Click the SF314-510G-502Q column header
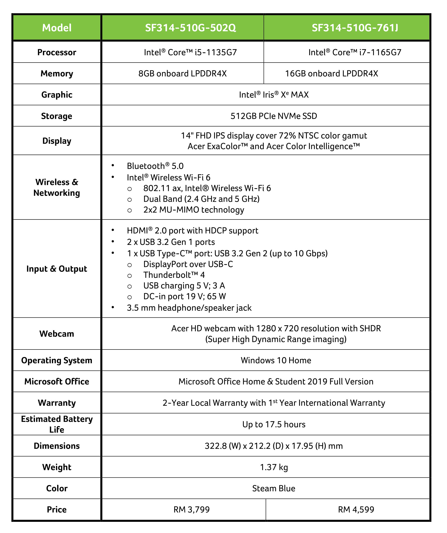click(191, 28)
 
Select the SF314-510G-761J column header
click(355, 28)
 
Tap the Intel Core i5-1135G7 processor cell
click(191, 52)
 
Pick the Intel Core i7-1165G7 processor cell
click(355, 52)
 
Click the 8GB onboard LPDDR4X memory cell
click(182, 74)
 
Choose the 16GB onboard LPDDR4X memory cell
click(331, 74)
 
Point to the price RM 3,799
click(191, 509)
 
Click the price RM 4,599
click(356, 509)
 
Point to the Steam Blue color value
click(274, 488)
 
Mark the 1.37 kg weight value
click(274, 467)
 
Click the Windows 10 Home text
click(276, 360)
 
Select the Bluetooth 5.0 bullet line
click(155, 166)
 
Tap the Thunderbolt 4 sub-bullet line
click(174, 275)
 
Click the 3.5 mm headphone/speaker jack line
click(189, 308)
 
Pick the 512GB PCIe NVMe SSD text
click(274, 116)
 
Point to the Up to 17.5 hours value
click(274, 424)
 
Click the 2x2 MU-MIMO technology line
click(194, 210)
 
